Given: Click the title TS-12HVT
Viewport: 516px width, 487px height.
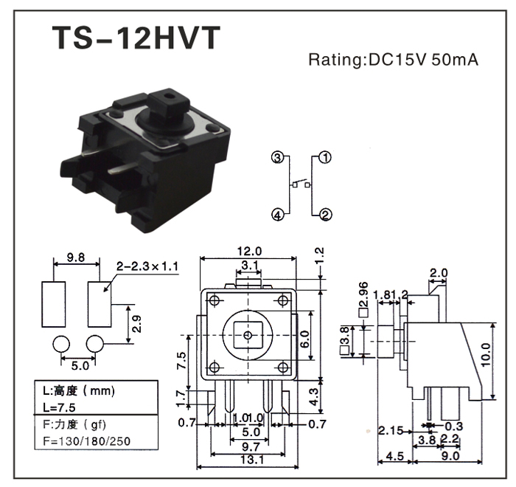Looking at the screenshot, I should click(x=136, y=38).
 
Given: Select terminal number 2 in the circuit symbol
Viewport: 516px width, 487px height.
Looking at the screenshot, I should click(x=325, y=215).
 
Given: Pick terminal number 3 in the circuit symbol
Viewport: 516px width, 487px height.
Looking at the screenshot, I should click(x=276, y=157).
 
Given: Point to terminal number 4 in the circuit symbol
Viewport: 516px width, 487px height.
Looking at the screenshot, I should click(x=276, y=215).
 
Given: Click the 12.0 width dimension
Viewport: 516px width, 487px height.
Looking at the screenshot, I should click(x=248, y=251).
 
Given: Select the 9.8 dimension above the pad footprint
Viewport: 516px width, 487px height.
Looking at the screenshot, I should click(x=75, y=258).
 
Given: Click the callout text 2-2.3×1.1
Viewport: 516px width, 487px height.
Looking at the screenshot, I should click(x=147, y=266).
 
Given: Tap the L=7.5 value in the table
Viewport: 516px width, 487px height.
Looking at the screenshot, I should click(x=56, y=407).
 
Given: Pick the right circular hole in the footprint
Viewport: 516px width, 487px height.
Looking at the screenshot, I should click(x=95, y=344).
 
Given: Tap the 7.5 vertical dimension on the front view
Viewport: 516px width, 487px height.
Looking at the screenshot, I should click(x=181, y=361).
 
